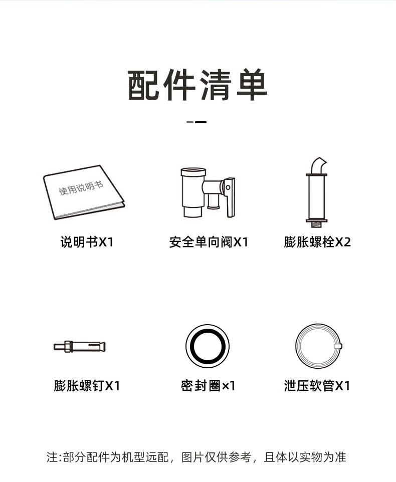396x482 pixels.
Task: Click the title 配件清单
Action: pos(197,85)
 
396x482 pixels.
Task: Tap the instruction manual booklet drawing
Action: pos(84,192)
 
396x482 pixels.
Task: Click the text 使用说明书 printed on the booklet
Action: pos(81,188)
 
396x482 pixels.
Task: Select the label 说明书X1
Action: pos(87,242)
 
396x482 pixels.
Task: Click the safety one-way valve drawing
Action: pos(208,192)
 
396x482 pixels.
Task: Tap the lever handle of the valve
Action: pos(230,197)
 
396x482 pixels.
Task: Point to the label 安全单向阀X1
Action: pos(209,242)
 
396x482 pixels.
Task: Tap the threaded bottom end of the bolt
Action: pos(316,224)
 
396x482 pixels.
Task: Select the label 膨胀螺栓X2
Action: pos(317,242)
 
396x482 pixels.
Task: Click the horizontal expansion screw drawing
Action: pos(80,347)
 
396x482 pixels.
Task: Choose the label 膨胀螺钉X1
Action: pos(87,385)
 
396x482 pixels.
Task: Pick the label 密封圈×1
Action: pos(208,385)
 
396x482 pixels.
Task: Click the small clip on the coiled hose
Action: pos(338,346)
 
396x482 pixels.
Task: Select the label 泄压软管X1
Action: pos(317,385)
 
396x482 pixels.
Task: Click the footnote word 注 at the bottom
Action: pos(52,457)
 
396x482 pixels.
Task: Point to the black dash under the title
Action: pos(201,122)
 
